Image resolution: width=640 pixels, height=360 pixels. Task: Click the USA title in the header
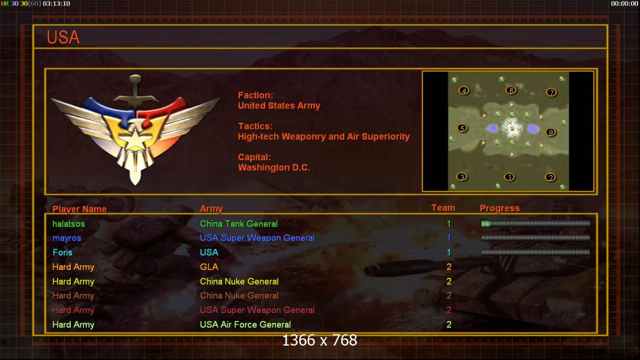click(x=63, y=38)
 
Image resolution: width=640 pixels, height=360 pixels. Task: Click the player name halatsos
click(x=68, y=224)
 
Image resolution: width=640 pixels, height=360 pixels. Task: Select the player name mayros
click(x=67, y=238)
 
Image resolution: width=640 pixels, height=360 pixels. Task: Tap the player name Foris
click(x=62, y=252)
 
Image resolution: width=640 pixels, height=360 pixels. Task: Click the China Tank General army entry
click(x=239, y=224)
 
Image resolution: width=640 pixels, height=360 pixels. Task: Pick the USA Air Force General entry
click(x=245, y=325)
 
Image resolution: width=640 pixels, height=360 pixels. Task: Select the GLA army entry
click(x=209, y=267)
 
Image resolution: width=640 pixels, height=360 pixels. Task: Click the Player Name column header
click(x=79, y=209)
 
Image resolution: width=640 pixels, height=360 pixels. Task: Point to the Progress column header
click(x=500, y=208)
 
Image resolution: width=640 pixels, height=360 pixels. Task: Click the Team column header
click(x=443, y=208)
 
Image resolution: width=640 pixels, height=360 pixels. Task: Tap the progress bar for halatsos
click(x=536, y=224)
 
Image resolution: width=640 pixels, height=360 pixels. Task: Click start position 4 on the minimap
click(x=464, y=91)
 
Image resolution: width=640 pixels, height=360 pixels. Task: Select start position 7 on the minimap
click(x=551, y=92)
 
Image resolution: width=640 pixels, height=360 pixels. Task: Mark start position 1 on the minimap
click(x=509, y=177)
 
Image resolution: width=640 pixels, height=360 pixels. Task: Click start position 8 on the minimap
click(x=551, y=132)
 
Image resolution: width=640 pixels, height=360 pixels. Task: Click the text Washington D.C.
click(x=274, y=168)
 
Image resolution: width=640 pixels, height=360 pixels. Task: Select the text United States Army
click(x=279, y=106)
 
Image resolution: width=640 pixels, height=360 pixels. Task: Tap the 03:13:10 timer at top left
click(x=56, y=4)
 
